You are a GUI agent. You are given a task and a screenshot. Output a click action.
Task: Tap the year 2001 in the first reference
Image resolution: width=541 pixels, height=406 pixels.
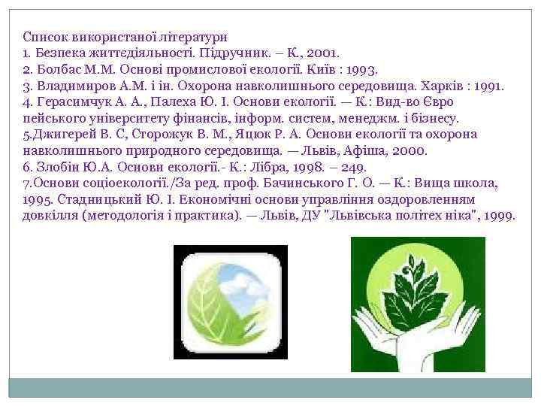pyautogui.click(x=324, y=53)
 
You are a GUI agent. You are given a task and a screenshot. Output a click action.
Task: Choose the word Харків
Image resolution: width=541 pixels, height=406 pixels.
pyautogui.click(x=440, y=86)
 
